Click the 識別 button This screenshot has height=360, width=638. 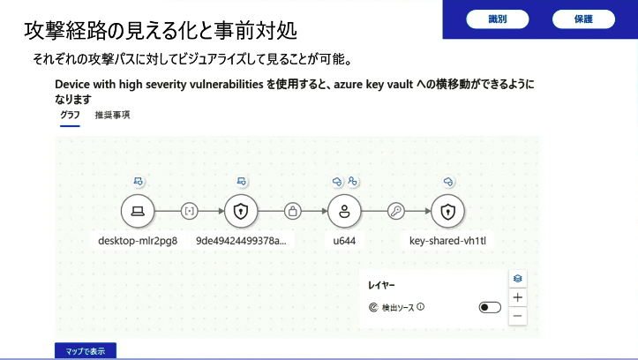pyautogui.click(x=497, y=19)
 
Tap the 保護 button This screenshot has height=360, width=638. pyautogui.click(x=583, y=19)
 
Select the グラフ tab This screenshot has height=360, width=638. pyautogui.click(x=70, y=115)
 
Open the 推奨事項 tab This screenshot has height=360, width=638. pyautogui.click(x=112, y=115)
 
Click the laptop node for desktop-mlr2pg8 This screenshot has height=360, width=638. pyautogui.click(x=138, y=211)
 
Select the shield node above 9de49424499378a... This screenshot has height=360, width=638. pyautogui.click(x=241, y=211)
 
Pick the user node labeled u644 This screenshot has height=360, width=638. pyautogui.click(x=344, y=211)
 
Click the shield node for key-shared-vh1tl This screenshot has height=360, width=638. pyautogui.click(x=447, y=211)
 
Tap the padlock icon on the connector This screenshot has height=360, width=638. pyautogui.click(x=293, y=211)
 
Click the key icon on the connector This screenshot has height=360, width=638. pyautogui.click(x=396, y=211)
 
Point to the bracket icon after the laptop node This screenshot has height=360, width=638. pyautogui.click(x=189, y=211)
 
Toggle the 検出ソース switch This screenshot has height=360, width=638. pyautogui.click(x=490, y=307)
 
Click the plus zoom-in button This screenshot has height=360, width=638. pyautogui.click(x=518, y=297)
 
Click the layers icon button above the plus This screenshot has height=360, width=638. pyautogui.click(x=518, y=279)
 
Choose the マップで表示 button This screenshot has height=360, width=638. pyautogui.click(x=86, y=351)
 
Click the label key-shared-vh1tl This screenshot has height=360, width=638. pyautogui.click(x=447, y=241)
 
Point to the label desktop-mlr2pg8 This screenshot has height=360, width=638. pyautogui.click(x=138, y=241)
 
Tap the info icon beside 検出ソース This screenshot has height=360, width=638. pyautogui.click(x=421, y=307)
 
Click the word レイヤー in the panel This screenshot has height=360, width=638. pyautogui.click(x=381, y=285)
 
